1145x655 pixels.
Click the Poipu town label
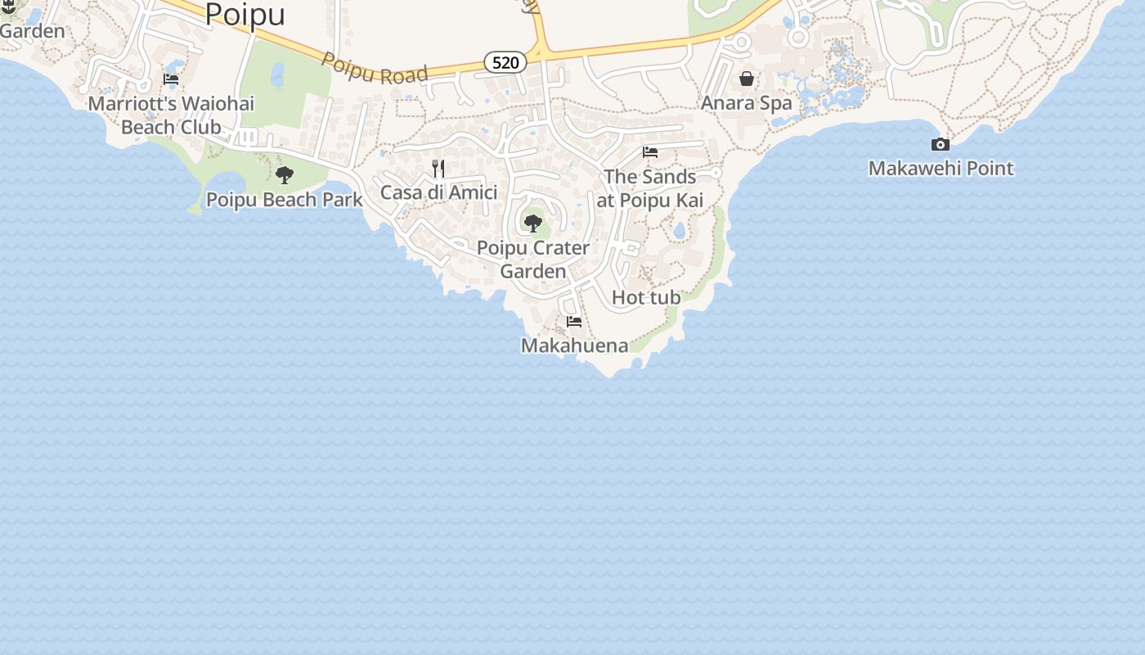[x=245, y=15]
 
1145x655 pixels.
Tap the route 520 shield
[x=505, y=62]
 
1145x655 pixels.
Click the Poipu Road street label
[x=375, y=69]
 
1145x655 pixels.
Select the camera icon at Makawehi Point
[x=941, y=145]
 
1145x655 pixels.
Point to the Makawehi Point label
[x=941, y=169]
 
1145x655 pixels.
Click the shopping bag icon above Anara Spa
[x=747, y=79]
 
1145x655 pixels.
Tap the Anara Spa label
[x=747, y=103]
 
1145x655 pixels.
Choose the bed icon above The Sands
[x=650, y=152]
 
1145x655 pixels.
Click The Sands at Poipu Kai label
[x=650, y=188]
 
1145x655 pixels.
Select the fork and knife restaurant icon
[x=438, y=169]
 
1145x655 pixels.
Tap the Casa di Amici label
[x=438, y=192]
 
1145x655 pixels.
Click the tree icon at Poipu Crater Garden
[x=533, y=223]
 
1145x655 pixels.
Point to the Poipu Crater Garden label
[x=533, y=259]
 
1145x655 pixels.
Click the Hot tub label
[x=646, y=298]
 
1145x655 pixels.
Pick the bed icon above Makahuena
[x=574, y=322]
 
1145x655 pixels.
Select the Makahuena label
[x=574, y=346]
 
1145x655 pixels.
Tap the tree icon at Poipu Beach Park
[x=285, y=174]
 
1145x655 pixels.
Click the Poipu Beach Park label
[x=285, y=200]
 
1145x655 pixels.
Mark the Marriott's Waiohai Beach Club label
[x=171, y=115]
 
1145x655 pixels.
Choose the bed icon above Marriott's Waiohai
[x=171, y=79]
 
